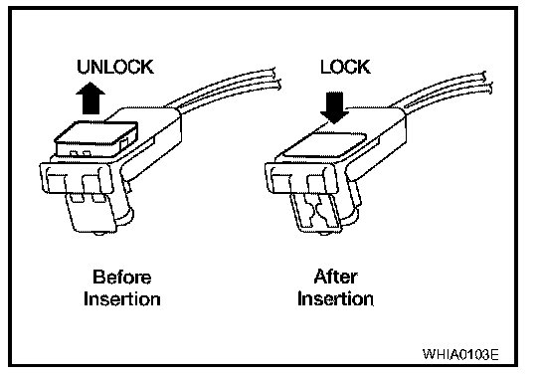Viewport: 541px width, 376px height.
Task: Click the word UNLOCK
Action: click(115, 67)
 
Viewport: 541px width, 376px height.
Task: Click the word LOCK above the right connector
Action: click(345, 67)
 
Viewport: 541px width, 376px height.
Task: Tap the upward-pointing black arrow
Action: click(90, 97)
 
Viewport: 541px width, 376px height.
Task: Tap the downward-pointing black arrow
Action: click(334, 107)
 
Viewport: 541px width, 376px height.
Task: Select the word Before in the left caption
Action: click(121, 277)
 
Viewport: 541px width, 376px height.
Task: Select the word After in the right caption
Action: click(335, 277)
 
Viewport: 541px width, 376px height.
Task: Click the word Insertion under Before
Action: click(121, 298)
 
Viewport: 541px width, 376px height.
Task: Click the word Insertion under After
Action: click(335, 298)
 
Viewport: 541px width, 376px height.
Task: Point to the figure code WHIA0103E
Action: click(460, 354)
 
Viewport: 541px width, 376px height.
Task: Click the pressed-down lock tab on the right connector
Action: click(326, 145)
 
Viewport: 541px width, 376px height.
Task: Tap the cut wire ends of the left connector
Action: click(277, 80)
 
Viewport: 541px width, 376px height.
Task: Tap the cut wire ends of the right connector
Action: click(488, 83)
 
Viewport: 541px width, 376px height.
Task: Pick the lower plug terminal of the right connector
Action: click(315, 213)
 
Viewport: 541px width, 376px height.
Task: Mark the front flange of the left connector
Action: click(77, 178)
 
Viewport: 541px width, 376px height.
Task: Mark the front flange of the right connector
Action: click(302, 178)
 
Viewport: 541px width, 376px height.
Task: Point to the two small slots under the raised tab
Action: click(80, 153)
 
